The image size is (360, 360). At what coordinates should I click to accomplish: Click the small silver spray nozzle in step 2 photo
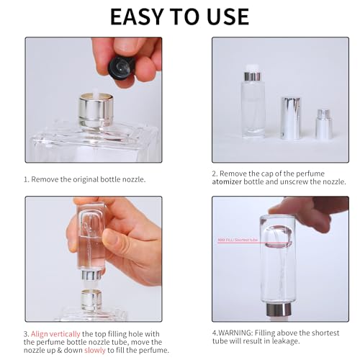tap(324, 125)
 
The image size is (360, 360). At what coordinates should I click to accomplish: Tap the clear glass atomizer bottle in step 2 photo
tap(253, 109)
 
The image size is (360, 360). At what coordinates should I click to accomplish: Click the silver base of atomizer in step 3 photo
tap(91, 275)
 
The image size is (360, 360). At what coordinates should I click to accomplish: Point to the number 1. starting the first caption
tap(27, 179)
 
